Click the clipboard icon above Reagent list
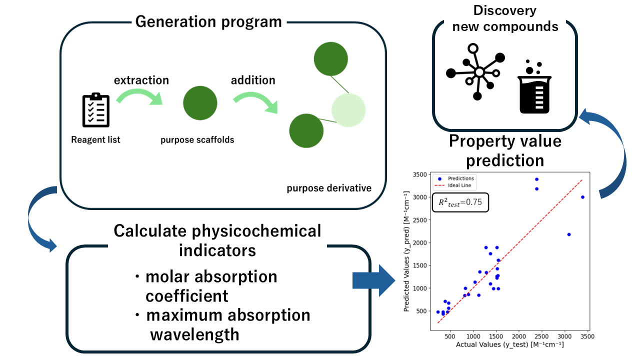[95, 109]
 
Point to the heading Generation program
[208, 22]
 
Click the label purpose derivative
[328, 188]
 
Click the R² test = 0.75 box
[460, 202]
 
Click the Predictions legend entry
[457, 178]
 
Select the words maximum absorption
[228, 315]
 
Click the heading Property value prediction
[505, 150]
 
